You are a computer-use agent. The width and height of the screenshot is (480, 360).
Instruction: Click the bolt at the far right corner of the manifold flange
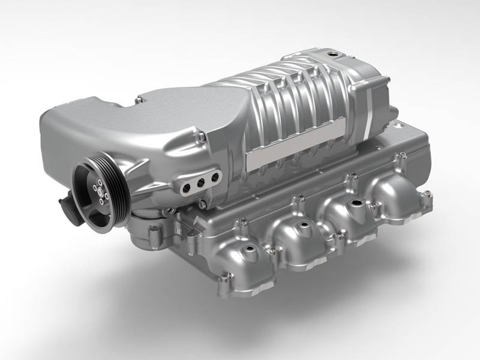click(x=427, y=194)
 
